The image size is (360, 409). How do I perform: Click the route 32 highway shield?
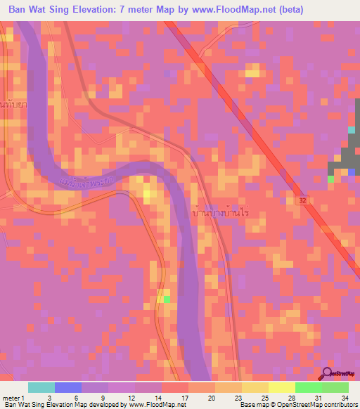pyautogui.click(x=300, y=200)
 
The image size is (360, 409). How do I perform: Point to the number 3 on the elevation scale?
pyautogui.click(x=49, y=398)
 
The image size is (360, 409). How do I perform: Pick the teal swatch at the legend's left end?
pyautogui.click(x=41, y=387)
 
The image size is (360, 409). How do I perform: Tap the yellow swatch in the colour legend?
pyautogui.click(x=282, y=387)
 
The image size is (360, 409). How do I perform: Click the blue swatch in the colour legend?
pyautogui.click(x=68, y=387)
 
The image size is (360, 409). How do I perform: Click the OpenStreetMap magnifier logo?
pyautogui.click(x=326, y=375)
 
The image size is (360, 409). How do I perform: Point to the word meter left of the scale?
pyautogui.click(x=11, y=398)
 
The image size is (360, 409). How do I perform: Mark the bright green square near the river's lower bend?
pyautogui.click(x=166, y=299)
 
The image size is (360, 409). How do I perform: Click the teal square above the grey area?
pyautogui.click(x=352, y=130)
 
